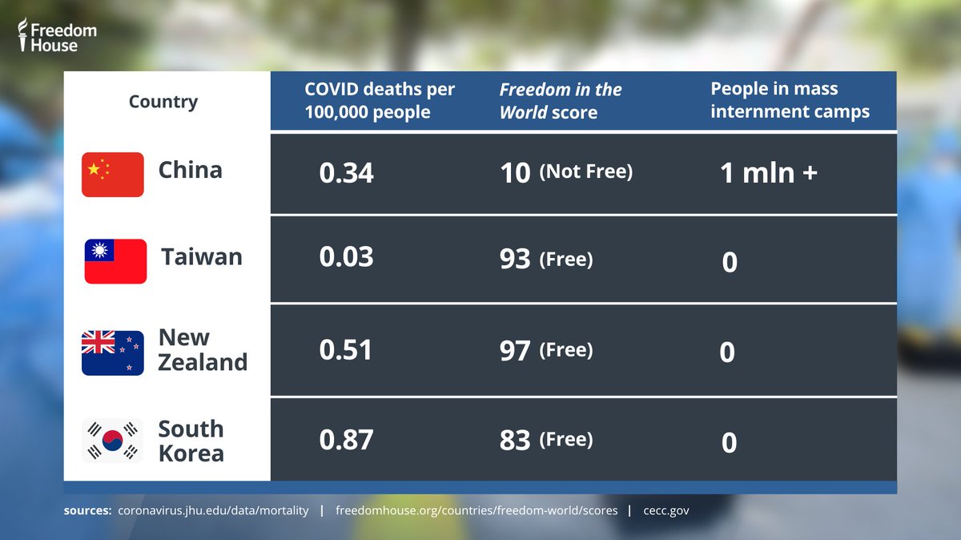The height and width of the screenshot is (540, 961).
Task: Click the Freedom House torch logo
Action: [x=22, y=34]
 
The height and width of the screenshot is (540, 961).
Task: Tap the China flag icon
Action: [x=113, y=175]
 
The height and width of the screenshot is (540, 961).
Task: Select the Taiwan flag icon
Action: [x=115, y=261]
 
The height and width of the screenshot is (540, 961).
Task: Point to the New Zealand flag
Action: [x=113, y=353]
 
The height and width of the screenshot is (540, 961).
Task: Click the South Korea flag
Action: [x=112, y=441]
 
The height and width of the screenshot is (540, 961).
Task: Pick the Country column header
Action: [x=163, y=102]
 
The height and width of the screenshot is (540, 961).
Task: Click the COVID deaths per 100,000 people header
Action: [x=380, y=100]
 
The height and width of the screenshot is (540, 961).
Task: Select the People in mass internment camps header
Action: [x=790, y=100]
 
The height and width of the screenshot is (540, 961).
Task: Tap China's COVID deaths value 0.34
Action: [x=346, y=172]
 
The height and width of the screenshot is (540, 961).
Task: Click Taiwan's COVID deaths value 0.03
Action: [x=346, y=256]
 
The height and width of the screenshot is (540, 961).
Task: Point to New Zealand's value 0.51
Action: [x=345, y=349]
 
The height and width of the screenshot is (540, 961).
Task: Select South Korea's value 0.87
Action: [x=346, y=440]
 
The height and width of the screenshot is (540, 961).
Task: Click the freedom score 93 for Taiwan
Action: [x=515, y=259]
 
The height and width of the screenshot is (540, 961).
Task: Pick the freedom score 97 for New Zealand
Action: [x=515, y=351]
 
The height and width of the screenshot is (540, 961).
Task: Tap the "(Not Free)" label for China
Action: [x=586, y=171]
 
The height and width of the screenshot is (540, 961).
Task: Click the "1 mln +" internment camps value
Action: [x=769, y=173]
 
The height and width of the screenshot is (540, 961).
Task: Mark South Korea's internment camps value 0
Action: [x=729, y=442]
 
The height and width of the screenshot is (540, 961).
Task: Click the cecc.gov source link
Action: [x=666, y=510]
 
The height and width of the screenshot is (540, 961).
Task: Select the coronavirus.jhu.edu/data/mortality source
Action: [x=213, y=510]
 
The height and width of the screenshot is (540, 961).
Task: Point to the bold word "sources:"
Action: [x=87, y=510]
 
